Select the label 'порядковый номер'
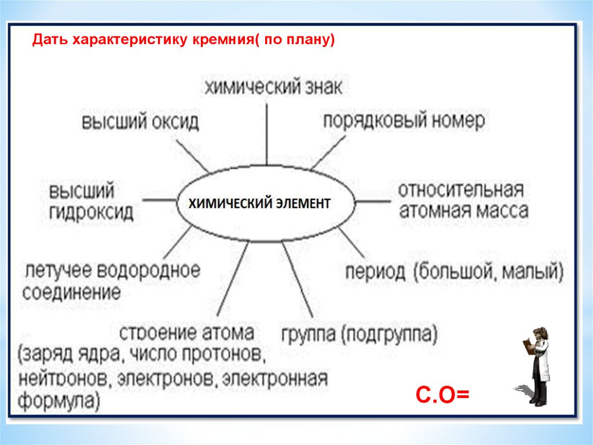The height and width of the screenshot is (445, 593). click(404, 121)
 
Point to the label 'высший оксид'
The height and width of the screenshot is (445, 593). click(140, 122)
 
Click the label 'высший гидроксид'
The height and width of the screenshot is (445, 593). click(90, 202)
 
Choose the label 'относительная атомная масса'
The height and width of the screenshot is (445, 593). click(463, 200)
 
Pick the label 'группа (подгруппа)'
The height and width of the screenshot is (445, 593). click(360, 334)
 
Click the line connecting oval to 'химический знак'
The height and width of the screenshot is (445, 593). click(266, 133)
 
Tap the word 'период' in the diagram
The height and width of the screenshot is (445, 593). click(375, 272)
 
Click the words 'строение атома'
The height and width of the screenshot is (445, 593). click(186, 334)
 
